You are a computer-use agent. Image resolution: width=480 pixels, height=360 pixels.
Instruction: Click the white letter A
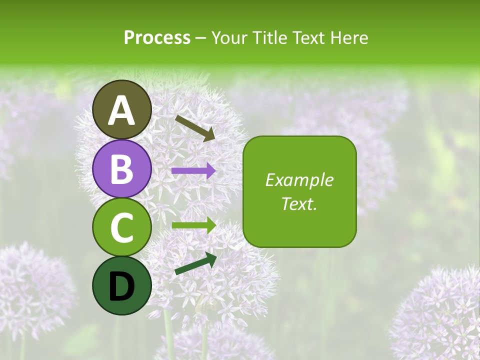click(x=122, y=110)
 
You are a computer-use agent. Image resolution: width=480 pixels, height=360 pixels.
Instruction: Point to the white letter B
click(x=122, y=169)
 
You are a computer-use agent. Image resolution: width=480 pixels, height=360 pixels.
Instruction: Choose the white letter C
click(x=122, y=227)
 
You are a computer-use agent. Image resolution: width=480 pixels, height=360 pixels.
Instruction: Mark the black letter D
click(x=122, y=286)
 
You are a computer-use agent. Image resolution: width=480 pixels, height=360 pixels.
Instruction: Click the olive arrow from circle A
click(x=195, y=128)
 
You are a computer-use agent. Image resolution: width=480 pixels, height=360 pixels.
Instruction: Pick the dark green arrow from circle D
click(x=195, y=263)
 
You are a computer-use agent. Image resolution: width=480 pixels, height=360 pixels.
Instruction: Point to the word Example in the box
click(x=299, y=180)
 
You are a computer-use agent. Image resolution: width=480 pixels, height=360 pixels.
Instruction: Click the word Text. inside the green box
click(x=299, y=203)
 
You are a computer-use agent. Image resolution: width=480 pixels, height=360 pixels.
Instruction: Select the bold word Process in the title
click(x=157, y=37)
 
